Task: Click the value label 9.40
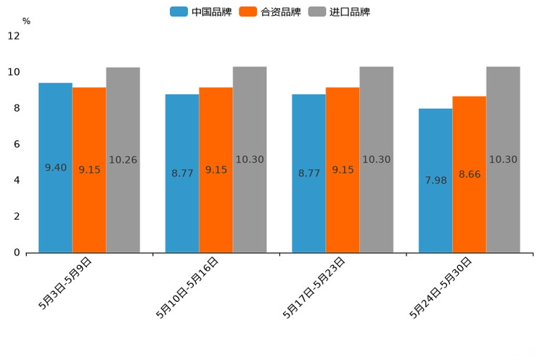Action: [56, 168]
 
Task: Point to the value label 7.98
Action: [436, 180]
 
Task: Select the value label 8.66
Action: [470, 174]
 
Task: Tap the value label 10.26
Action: [123, 160]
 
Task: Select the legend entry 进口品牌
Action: [349, 12]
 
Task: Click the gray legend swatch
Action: [316, 12]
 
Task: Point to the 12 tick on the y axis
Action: [14, 36]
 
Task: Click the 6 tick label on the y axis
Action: [17, 144]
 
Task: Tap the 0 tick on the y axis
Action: [17, 253]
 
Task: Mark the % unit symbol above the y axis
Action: [26, 21]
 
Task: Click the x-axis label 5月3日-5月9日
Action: [65, 283]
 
